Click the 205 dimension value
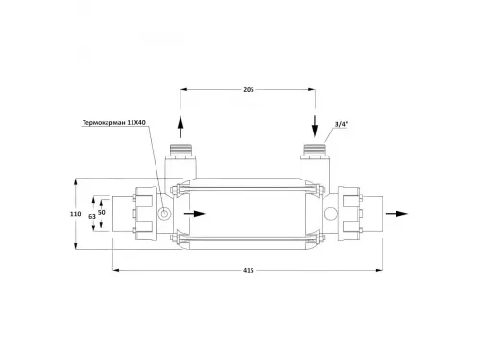(249, 90)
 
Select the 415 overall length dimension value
(249, 271)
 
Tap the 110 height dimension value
(76, 214)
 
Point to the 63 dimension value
(92, 217)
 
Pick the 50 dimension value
(102, 212)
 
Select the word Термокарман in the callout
(104, 123)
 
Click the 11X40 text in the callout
(136, 123)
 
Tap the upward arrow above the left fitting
(180, 127)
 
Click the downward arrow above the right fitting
(315, 127)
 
